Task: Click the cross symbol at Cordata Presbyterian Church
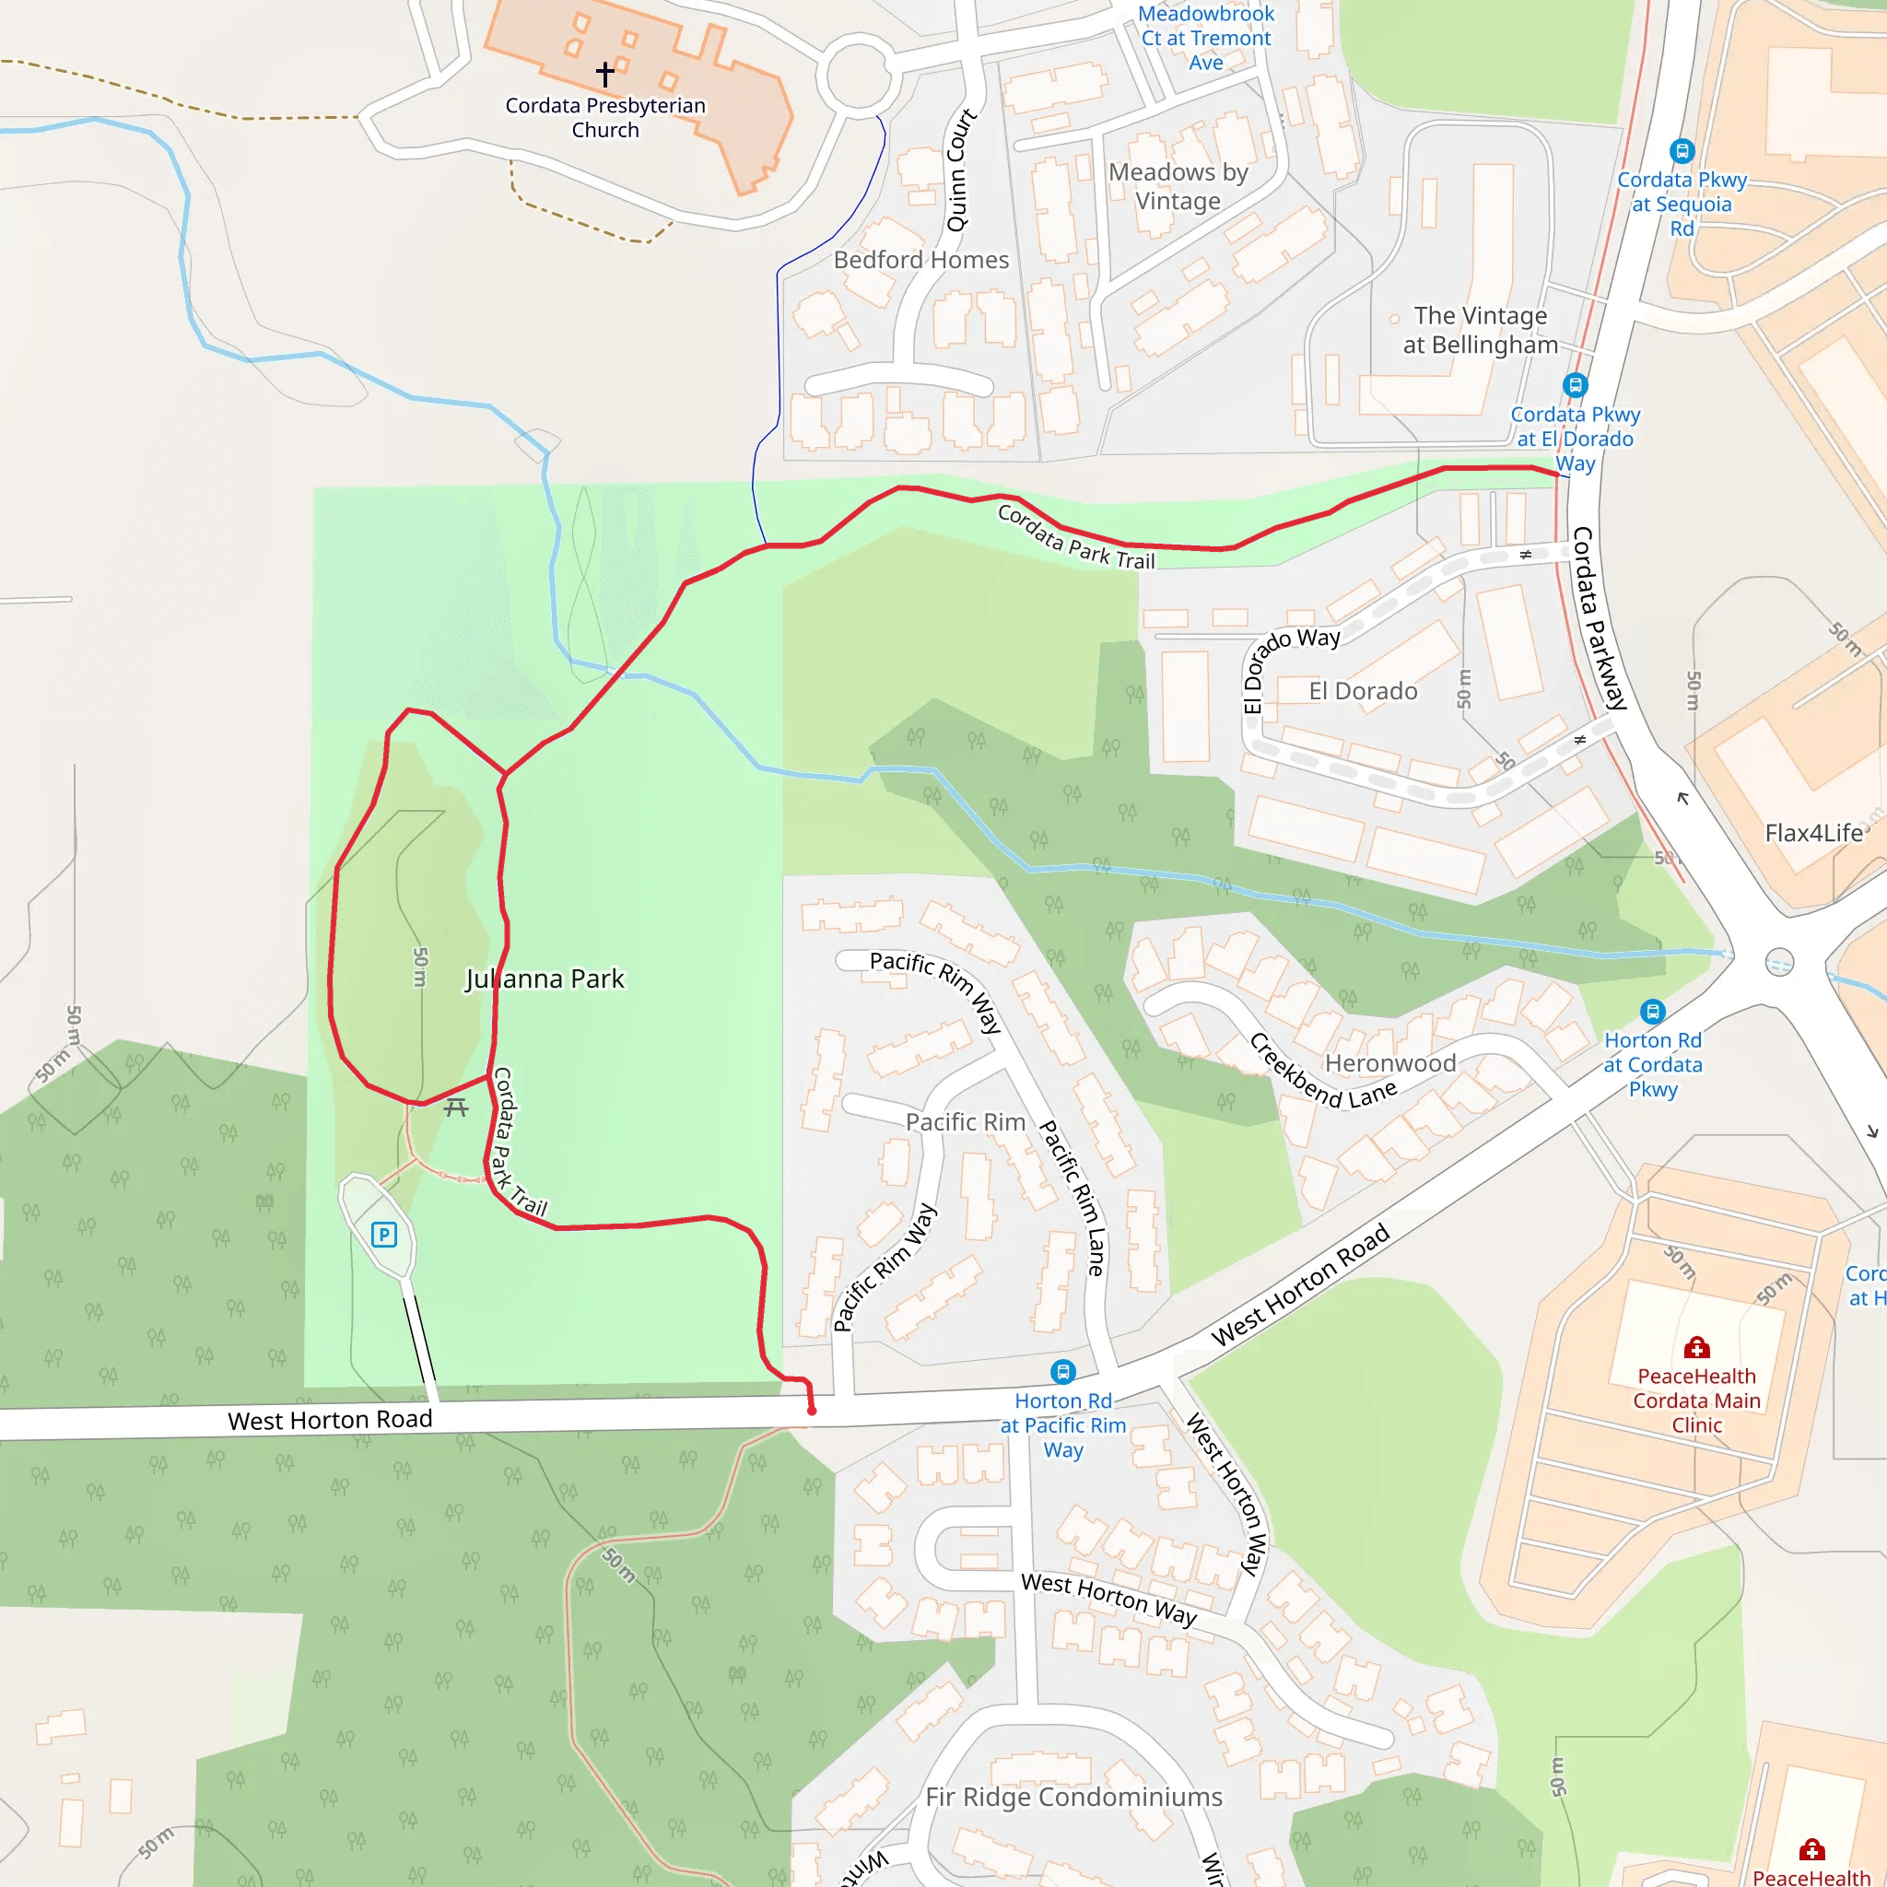605,74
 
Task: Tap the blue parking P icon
384,1235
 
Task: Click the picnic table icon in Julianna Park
456,1107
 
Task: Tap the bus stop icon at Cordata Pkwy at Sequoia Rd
1682,151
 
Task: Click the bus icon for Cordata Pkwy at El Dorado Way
1576,385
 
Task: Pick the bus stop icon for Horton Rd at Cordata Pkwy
1653,1011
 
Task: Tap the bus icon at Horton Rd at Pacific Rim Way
1062,1372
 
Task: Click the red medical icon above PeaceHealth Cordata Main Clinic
1696,1348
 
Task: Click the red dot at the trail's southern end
812,1411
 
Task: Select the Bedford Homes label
921,260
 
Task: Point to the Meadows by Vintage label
1178,186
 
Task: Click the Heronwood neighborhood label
1389,1062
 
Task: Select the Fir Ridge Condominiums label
1073,1797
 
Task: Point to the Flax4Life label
1813,833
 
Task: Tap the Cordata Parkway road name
1599,617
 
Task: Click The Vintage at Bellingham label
1480,330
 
